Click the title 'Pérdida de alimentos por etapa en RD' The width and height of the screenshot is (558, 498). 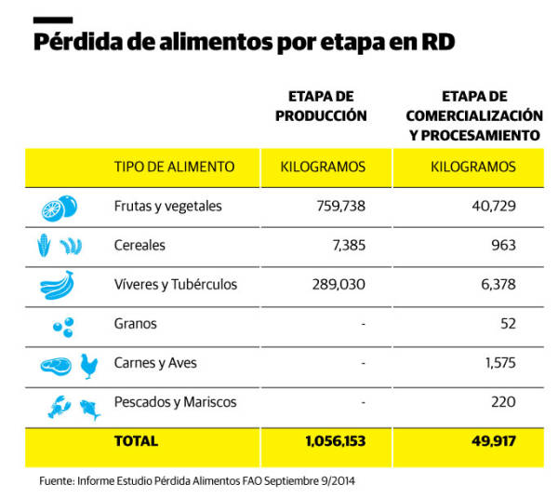pyautogui.click(x=245, y=44)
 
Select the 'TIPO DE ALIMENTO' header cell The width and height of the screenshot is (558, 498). pyautogui.click(x=174, y=167)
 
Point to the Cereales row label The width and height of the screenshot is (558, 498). pyautogui.click(x=139, y=246)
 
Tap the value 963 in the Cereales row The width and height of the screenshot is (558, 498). pyautogui.click(x=502, y=246)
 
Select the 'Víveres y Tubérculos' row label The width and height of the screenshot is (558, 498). pyautogui.click(x=175, y=285)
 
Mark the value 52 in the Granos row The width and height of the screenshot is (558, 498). pyautogui.click(x=507, y=324)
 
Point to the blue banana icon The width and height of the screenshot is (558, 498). pyautogui.click(x=58, y=285)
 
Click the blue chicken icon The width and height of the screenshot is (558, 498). pyautogui.click(x=89, y=365)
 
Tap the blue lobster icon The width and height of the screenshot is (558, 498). pyautogui.click(x=59, y=405)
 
